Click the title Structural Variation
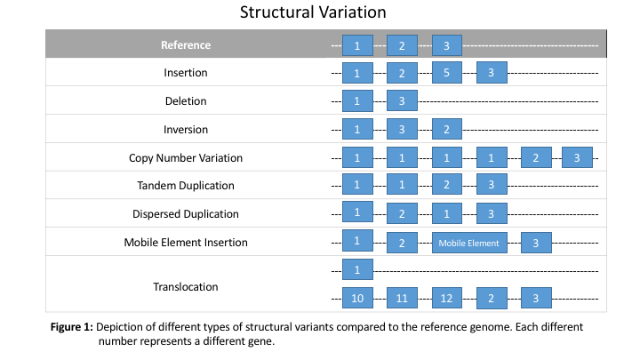(313, 12)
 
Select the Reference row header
(186, 45)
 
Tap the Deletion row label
(186, 100)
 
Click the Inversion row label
(186, 130)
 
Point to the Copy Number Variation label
(186, 158)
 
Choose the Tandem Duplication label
(186, 186)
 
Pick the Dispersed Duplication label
(186, 214)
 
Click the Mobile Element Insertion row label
(186, 243)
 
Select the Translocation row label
(186, 287)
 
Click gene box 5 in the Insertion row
(447, 73)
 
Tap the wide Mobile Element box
(469, 243)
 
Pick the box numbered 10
(357, 298)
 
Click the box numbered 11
(402, 298)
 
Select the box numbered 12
(447, 298)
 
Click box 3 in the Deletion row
(402, 100)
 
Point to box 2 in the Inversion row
(447, 130)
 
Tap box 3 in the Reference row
(447, 45)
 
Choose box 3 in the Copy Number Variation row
(577, 157)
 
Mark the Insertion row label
(186, 73)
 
